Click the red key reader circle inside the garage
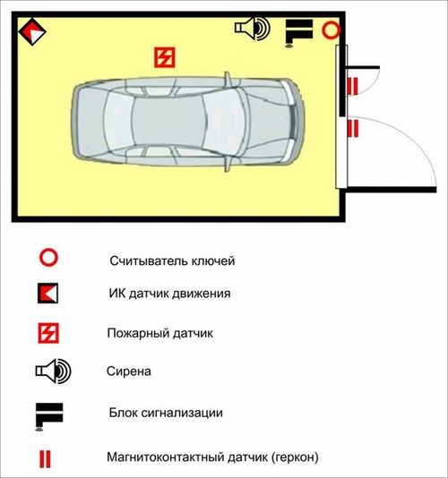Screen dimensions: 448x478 click(332, 30)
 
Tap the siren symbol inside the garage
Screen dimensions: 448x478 click(252, 29)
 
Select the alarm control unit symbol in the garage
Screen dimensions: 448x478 click(298, 33)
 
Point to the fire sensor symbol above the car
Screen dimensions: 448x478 click(165, 57)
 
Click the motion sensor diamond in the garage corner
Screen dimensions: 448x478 click(32, 31)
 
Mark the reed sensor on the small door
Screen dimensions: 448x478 click(352, 86)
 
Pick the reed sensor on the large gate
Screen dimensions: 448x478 click(353, 128)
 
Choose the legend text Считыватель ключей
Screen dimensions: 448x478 click(172, 261)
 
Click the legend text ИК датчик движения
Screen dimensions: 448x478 click(169, 294)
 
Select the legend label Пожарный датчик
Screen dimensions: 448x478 click(159, 333)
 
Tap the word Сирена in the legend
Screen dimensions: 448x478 click(129, 371)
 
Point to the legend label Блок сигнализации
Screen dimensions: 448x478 click(166, 413)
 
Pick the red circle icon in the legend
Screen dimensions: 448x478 click(48, 258)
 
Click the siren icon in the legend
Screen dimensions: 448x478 click(53, 371)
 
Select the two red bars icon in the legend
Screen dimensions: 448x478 click(45, 459)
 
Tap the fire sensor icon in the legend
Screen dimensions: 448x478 click(48, 333)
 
